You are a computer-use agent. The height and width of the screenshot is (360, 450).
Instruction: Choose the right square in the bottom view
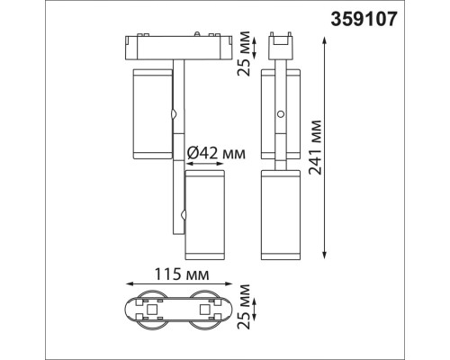(x=203, y=311)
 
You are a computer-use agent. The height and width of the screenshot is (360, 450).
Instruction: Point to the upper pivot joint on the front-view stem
(x=173, y=115)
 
